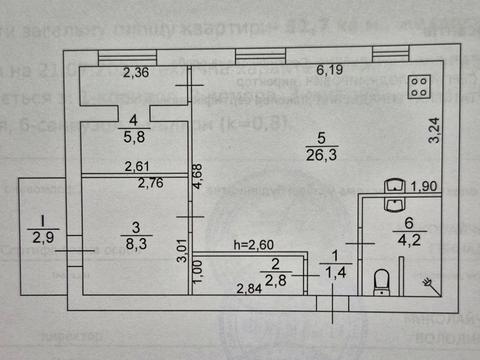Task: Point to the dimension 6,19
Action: pyautogui.click(x=330, y=71)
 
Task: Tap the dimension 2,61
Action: pyautogui.click(x=138, y=167)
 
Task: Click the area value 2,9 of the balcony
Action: pyautogui.click(x=42, y=237)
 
